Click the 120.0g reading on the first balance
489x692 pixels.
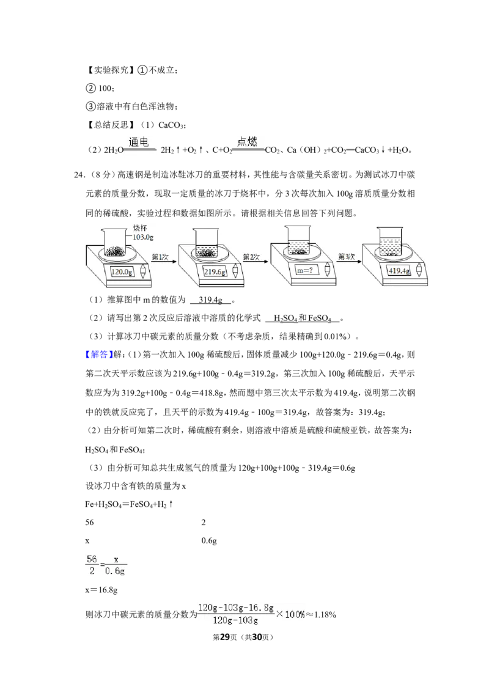(122, 272)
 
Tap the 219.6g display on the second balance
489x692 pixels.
(215, 272)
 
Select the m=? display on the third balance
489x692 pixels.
(304, 270)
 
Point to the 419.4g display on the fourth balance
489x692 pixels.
(399, 271)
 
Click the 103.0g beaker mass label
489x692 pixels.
(143, 237)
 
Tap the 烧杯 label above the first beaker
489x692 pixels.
(140, 228)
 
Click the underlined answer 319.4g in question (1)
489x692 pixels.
(210, 300)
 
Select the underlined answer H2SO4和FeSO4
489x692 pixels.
(303, 318)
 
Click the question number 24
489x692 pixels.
(79, 175)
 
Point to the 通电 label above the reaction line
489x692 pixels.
(139, 142)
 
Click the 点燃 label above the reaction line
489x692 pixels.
(247, 141)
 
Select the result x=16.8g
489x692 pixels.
(101, 590)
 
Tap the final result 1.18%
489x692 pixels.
(325, 614)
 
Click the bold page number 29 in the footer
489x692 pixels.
(225, 637)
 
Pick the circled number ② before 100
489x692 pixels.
(90, 88)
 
